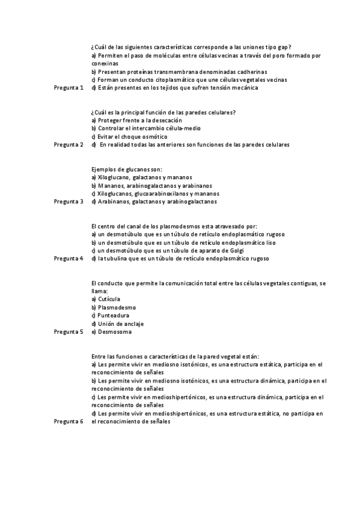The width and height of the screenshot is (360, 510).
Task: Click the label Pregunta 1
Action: tap(69, 88)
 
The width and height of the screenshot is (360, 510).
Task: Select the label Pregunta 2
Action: tap(69, 145)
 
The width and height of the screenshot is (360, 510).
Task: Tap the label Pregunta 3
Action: tap(69, 202)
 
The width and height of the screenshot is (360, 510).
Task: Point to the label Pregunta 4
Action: tap(69, 259)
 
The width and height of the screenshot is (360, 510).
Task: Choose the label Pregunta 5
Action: tap(69, 332)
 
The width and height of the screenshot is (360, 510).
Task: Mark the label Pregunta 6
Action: tap(69, 422)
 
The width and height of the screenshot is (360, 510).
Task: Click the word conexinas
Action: tap(105, 63)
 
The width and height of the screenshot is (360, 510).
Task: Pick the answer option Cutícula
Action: tap(109, 299)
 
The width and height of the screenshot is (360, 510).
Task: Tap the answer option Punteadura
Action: tap(113, 315)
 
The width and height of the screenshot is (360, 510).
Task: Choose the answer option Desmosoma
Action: tap(114, 332)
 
